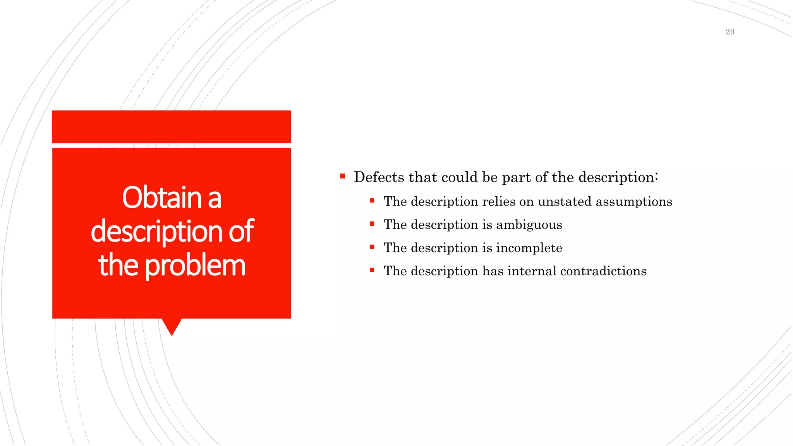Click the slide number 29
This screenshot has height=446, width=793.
tap(729, 32)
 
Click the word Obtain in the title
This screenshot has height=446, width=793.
tap(162, 198)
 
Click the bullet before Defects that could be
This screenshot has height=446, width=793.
tap(343, 177)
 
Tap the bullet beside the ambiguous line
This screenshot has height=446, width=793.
tap(372, 224)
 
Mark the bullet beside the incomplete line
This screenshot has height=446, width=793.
tap(372, 247)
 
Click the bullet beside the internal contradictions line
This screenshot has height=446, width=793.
tap(372, 270)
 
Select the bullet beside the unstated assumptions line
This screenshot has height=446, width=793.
tap(372, 201)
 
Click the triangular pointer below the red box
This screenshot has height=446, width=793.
tap(172, 326)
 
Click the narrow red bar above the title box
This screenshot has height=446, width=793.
tap(171, 127)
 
